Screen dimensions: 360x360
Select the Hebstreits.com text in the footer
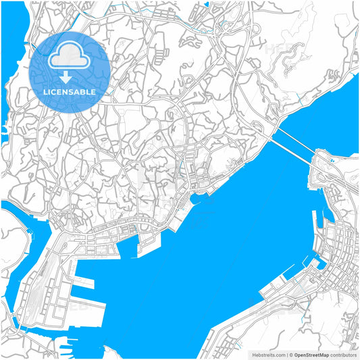point(268,354)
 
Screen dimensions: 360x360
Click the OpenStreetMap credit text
point(311,354)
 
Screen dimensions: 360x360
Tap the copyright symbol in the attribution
point(290,354)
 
